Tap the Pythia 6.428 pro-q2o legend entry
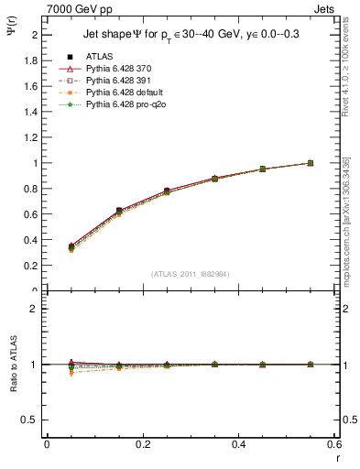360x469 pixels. tap(125, 105)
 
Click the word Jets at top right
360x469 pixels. tap(325, 8)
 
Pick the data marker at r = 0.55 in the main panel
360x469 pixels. tap(311, 163)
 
